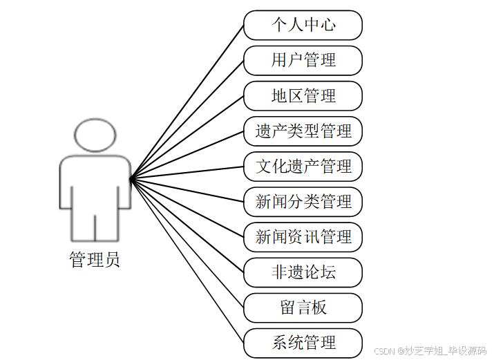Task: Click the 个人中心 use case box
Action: pos(303,25)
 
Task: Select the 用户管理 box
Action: pos(303,60)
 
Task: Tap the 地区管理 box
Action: pos(303,95)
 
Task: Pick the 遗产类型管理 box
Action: pos(303,131)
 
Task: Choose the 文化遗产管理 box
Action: pos(303,167)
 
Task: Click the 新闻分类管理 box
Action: pos(303,202)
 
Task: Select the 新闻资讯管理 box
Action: pos(303,237)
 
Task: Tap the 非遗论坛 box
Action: pos(303,272)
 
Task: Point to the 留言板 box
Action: pos(303,307)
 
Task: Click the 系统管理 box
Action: pos(303,343)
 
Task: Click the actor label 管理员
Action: pos(95,260)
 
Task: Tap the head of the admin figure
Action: pos(95,135)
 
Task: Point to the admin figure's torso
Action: pos(95,183)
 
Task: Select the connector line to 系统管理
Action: pos(187,261)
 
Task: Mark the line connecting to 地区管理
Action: pos(187,138)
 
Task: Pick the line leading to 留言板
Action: pos(187,243)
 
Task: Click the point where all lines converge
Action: pos(131,180)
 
